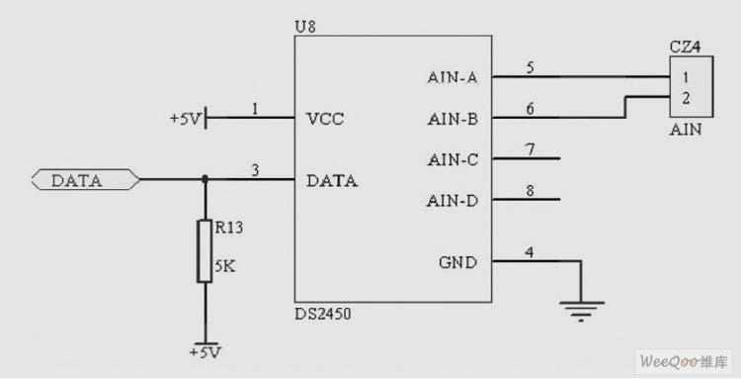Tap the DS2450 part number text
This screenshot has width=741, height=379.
point(323,314)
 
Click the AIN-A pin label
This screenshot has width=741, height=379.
point(453,76)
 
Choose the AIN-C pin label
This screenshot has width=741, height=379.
point(453,158)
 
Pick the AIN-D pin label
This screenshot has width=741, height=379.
point(453,200)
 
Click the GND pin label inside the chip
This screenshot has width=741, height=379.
point(457,262)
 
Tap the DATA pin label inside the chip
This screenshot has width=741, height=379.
point(332,181)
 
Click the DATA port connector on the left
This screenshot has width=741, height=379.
point(85,180)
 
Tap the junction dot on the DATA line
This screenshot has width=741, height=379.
point(205,180)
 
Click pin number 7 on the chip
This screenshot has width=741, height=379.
point(531,149)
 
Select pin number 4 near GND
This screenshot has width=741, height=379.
point(531,252)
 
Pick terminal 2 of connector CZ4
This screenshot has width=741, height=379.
point(685,97)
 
